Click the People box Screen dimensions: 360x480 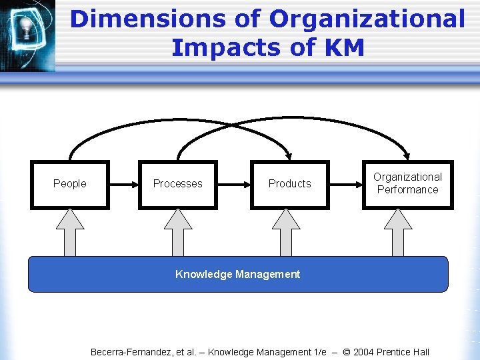pyautogui.click(x=69, y=184)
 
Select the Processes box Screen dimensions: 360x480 pyautogui.click(x=177, y=184)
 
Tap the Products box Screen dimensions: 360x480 pyautogui.click(x=289, y=184)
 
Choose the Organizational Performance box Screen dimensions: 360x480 pyautogui.click(x=407, y=184)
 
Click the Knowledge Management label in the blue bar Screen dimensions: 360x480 pyautogui.click(x=237, y=274)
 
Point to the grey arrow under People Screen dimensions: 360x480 pyautogui.click(x=69, y=233)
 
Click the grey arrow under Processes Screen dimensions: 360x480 pyautogui.click(x=177, y=233)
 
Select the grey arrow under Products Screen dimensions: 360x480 pyautogui.click(x=286, y=233)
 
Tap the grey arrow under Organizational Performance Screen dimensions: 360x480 pyautogui.click(x=398, y=233)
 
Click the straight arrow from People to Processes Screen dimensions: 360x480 pyautogui.click(x=123, y=183)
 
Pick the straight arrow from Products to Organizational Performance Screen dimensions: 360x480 pyautogui.click(x=345, y=183)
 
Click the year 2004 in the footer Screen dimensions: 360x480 pyautogui.click(x=365, y=351)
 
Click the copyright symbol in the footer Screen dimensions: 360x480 pyautogui.click(x=345, y=351)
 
